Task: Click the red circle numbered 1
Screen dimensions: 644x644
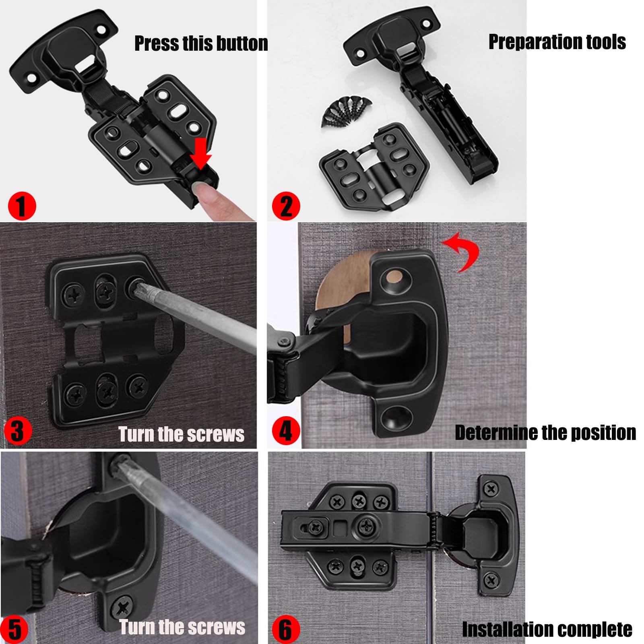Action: (x=22, y=206)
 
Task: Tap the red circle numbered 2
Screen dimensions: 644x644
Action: (x=286, y=206)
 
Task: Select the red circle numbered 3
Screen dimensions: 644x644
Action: (x=18, y=430)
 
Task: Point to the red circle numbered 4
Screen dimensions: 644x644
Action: (x=286, y=431)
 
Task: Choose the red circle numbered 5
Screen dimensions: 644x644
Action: (x=14, y=629)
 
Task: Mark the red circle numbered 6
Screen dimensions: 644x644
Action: (x=286, y=629)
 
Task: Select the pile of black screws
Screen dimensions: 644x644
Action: (x=346, y=111)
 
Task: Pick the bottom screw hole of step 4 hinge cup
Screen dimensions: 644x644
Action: (x=396, y=416)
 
